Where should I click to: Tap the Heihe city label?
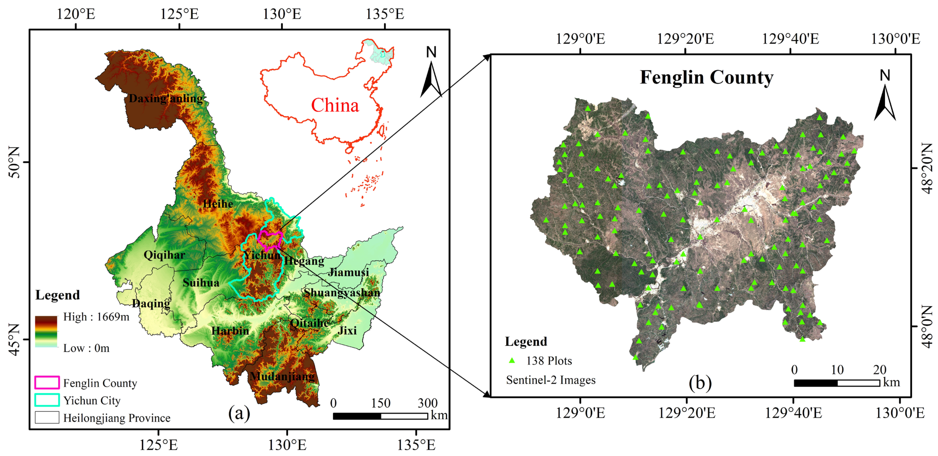pos(218,204)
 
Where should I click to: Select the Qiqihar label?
pos(164,255)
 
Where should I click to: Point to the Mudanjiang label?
pos(282,376)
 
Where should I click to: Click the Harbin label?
pos(230,331)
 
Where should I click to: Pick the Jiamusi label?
pos(348,272)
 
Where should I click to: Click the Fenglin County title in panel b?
pos(707,77)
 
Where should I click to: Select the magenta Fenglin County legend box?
pos(47,383)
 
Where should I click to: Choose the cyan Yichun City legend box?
pos(47,400)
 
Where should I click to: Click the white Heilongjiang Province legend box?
pos(47,417)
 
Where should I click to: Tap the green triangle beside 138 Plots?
pos(512,361)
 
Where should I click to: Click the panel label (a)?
pos(239,413)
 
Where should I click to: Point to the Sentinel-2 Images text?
pos(550,380)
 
